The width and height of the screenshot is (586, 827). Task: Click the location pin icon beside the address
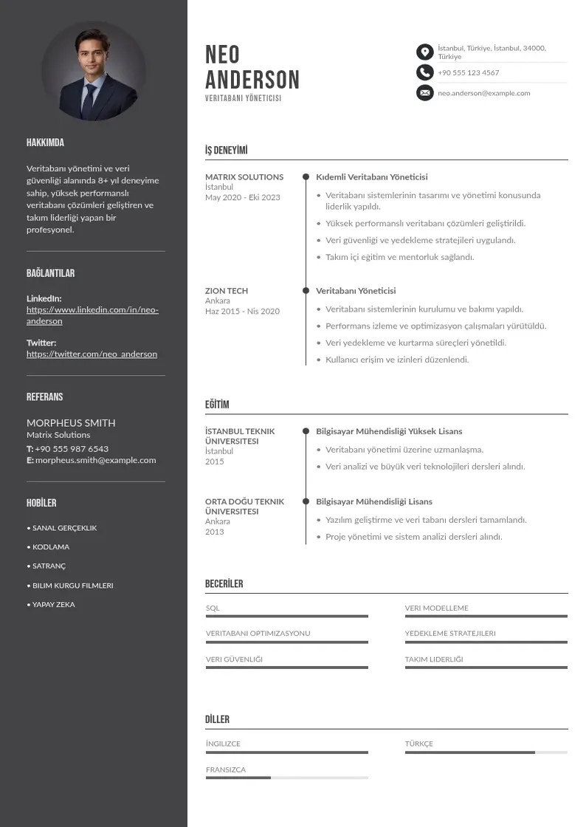[x=424, y=52]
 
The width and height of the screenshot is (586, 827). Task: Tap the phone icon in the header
[x=424, y=72]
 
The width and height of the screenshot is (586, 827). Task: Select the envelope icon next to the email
[x=424, y=93]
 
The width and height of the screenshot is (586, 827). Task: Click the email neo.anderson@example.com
[x=483, y=93]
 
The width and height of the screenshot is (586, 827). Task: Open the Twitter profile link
[x=92, y=354]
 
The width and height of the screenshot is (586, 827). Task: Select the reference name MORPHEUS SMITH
[x=71, y=423]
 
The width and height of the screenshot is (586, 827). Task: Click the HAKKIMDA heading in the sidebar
[x=45, y=143]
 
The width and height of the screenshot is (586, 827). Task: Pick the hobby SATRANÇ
[x=49, y=566]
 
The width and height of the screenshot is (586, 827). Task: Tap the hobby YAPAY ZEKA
[x=53, y=605]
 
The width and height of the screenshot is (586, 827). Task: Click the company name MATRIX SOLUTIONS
[x=244, y=177]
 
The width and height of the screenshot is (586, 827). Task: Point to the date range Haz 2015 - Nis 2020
[x=242, y=312]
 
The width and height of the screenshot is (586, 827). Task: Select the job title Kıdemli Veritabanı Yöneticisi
[x=372, y=177]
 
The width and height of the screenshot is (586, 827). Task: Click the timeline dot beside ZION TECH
[x=306, y=291]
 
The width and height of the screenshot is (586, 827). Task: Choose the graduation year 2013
[x=214, y=532]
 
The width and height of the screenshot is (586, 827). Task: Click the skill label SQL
[x=213, y=608]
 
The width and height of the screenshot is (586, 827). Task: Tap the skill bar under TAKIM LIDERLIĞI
[x=486, y=668]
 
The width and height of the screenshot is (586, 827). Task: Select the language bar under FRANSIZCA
[x=286, y=778]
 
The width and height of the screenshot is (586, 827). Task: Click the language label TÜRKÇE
[x=418, y=744]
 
